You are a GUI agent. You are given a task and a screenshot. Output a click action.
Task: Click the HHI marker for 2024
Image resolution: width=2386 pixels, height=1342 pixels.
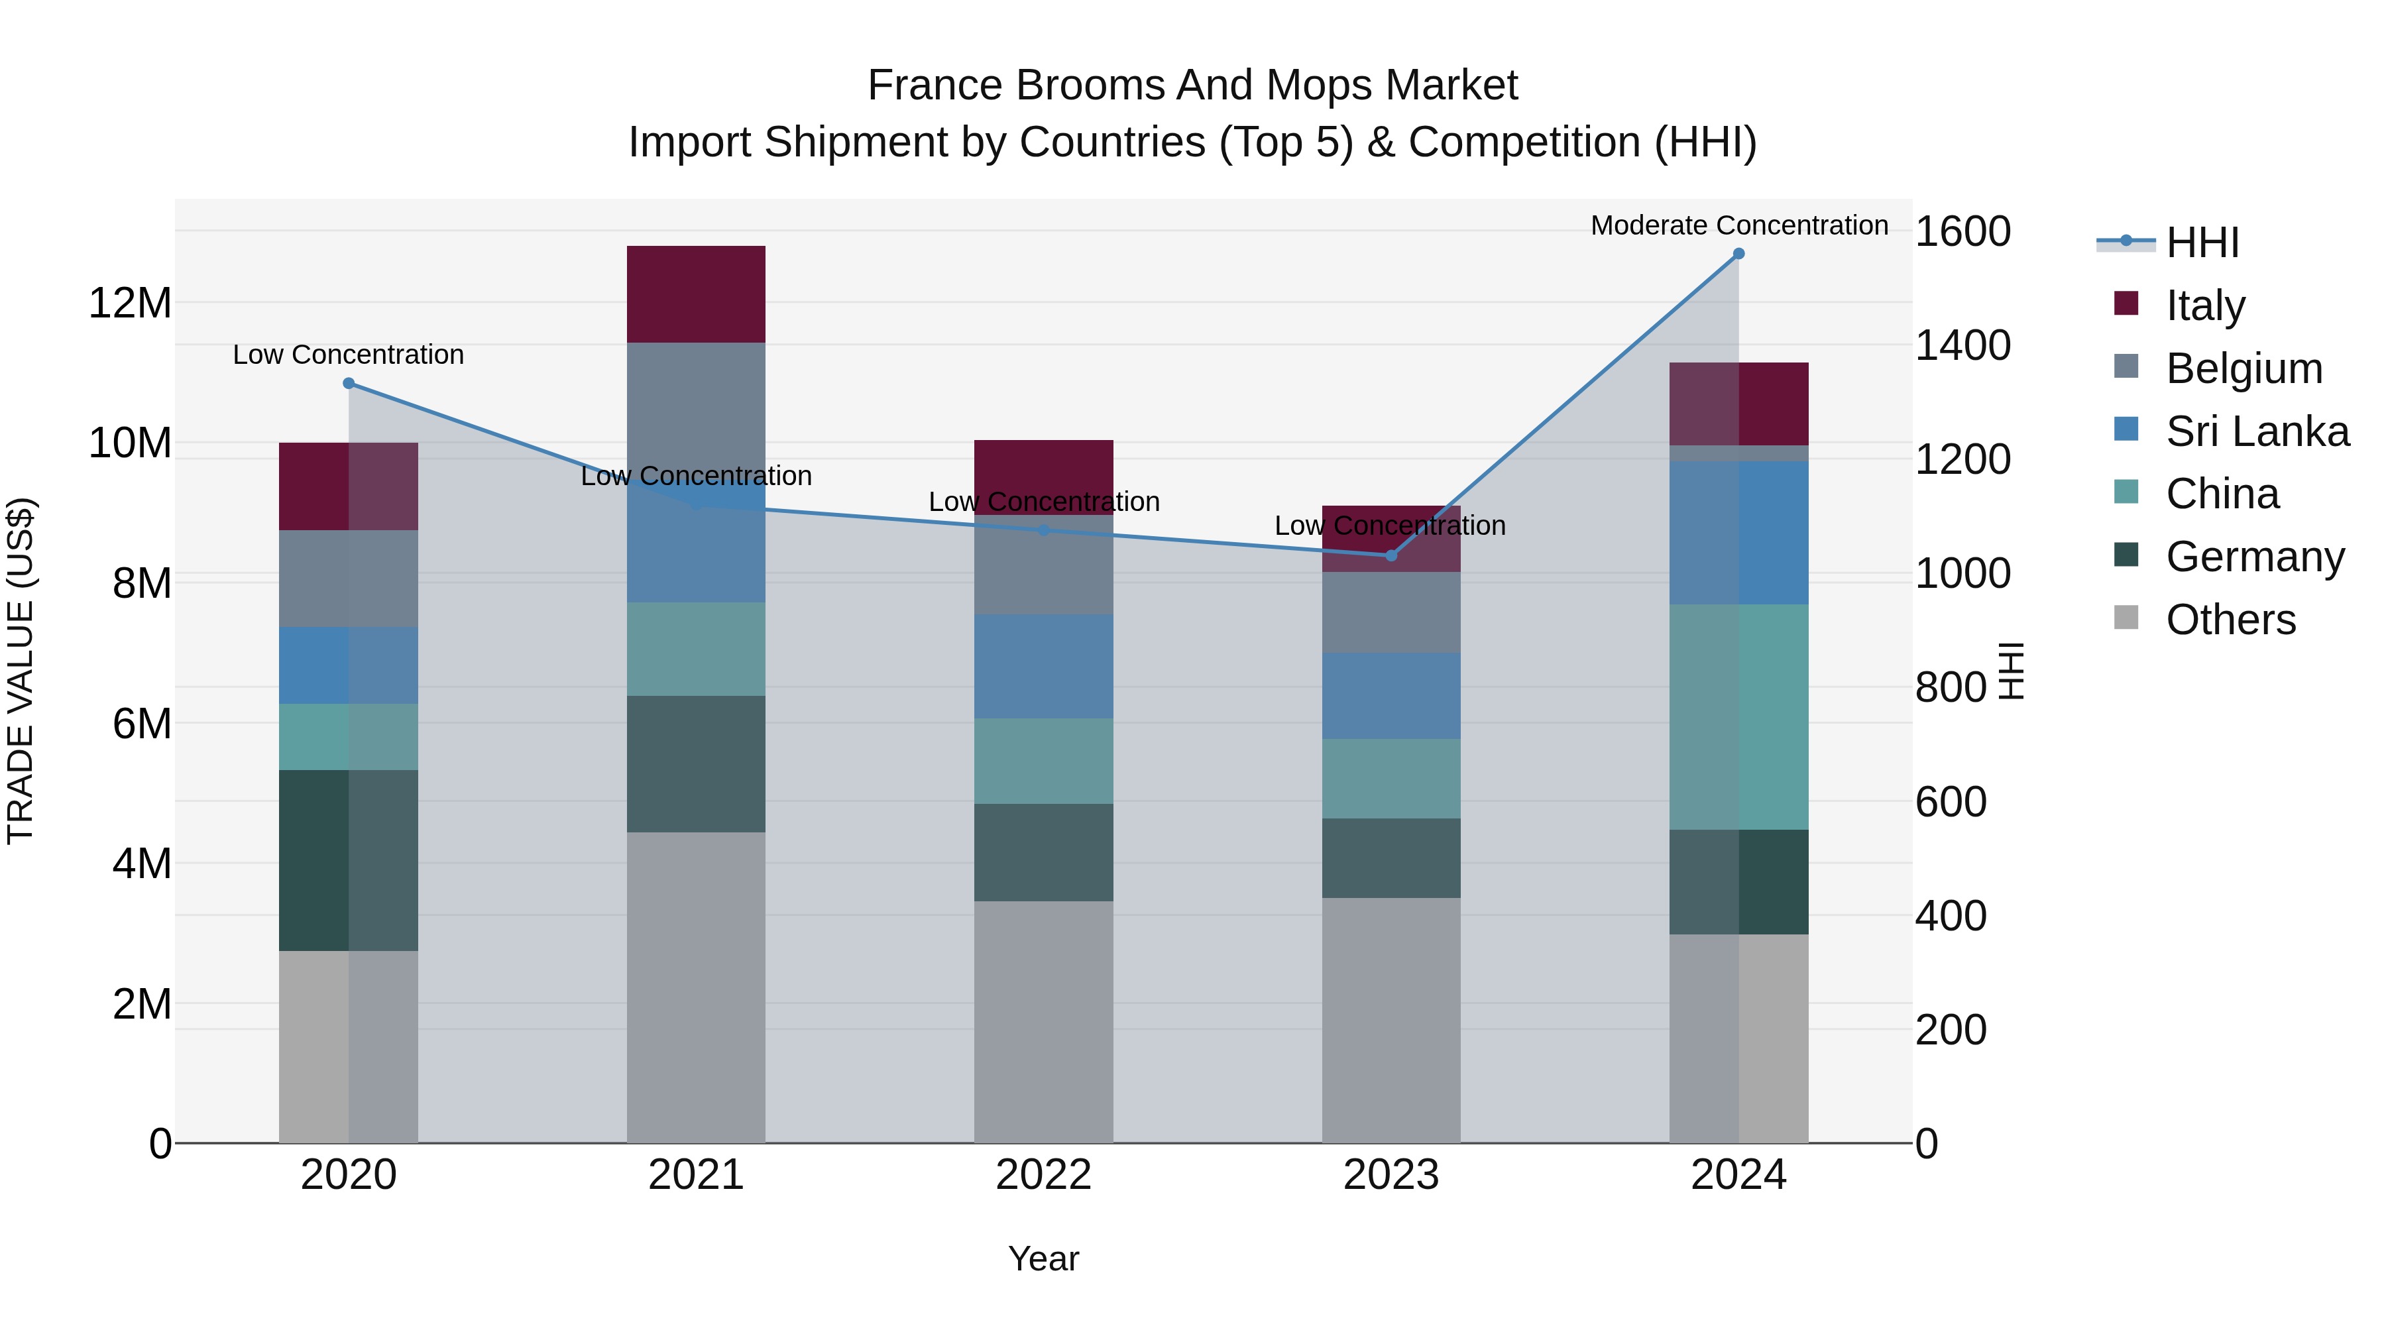tap(1738, 254)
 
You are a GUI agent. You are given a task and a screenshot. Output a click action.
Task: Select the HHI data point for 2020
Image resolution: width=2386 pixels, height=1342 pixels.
tap(348, 384)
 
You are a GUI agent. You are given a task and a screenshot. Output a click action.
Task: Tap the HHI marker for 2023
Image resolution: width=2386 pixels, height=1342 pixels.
tap(1391, 556)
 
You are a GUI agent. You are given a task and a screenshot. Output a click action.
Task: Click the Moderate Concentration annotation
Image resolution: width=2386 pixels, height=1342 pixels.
tap(1738, 226)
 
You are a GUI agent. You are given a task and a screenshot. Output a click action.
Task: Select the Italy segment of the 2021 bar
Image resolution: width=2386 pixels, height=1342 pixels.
tap(696, 294)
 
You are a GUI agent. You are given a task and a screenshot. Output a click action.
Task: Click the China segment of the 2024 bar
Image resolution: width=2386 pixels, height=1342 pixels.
tap(1738, 717)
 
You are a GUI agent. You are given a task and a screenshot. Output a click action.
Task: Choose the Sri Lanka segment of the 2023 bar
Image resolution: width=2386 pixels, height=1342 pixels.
tap(1391, 696)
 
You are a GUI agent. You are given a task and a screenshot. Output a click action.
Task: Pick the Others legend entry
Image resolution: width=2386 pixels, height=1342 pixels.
tap(2230, 620)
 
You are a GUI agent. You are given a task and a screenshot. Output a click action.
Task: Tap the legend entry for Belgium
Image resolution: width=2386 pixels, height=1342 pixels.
tap(2244, 368)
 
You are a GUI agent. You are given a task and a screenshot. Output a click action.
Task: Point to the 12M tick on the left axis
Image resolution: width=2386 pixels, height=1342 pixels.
tap(130, 304)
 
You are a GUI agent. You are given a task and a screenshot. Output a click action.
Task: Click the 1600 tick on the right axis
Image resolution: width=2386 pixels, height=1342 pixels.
tap(1962, 231)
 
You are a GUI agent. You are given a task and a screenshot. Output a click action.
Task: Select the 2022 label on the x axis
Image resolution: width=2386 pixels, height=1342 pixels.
tap(1044, 1175)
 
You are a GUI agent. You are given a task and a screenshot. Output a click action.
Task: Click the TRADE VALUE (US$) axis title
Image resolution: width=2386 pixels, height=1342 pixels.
tap(21, 671)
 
